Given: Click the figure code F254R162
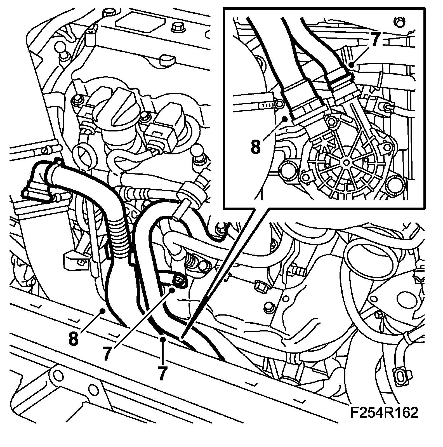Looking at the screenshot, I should click(x=384, y=413).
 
